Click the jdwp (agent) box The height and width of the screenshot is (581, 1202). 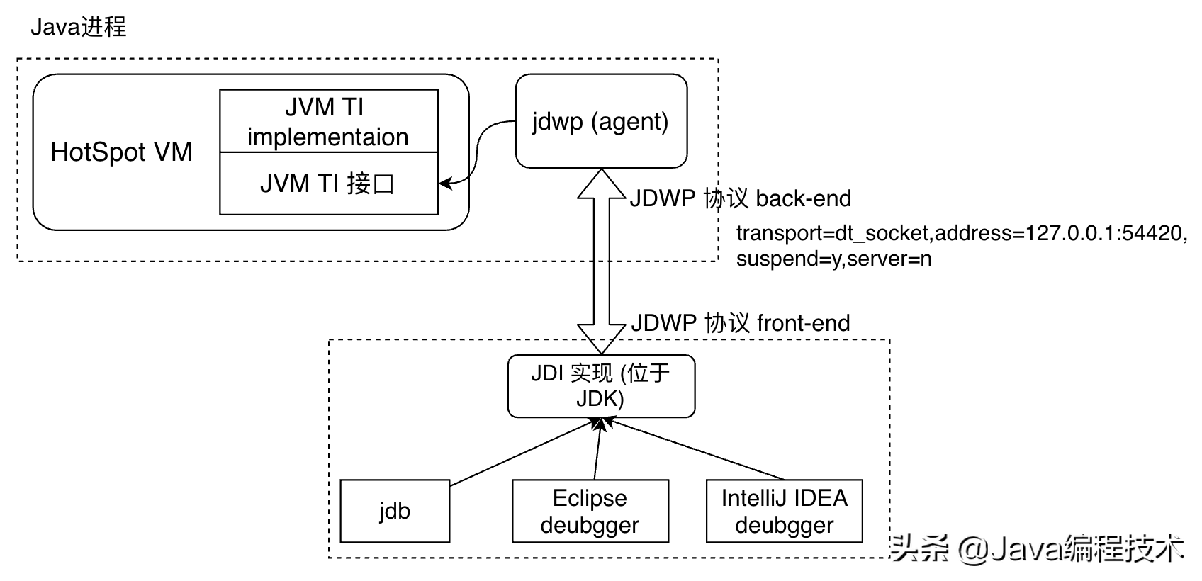pyautogui.click(x=601, y=121)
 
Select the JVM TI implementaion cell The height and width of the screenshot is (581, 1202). pyautogui.click(x=328, y=121)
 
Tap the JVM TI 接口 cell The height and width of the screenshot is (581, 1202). pyautogui.click(x=328, y=184)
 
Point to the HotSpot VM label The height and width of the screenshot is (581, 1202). pyautogui.click(x=121, y=152)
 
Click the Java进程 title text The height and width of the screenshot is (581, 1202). pyautogui.click(x=78, y=27)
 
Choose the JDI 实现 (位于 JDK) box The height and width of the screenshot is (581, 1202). pyautogui.click(x=601, y=386)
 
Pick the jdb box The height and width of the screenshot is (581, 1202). pyautogui.click(x=395, y=511)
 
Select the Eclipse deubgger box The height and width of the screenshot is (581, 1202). pyautogui.click(x=590, y=511)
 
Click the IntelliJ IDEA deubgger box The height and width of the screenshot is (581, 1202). pyautogui.click(x=784, y=511)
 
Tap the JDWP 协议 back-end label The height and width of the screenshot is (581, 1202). pyautogui.click(x=741, y=198)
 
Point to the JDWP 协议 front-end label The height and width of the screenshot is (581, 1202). pyautogui.click(x=741, y=323)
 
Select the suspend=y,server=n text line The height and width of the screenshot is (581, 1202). pyautogui.click(x=833, y=259)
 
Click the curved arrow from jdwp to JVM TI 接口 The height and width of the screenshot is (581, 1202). pyautogui.click(x=476, y=152)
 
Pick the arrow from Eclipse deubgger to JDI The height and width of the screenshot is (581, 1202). pyautogui.click(x=597, y=449)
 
